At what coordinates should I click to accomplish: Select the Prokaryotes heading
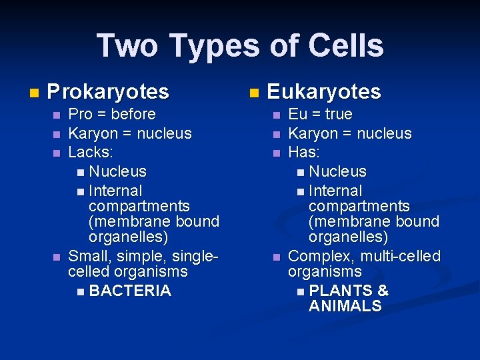click(108, 91)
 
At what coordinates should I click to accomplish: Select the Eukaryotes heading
click(323, 91)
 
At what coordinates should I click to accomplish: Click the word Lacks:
click(90, 152)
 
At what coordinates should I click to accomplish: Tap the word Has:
click(304, 152)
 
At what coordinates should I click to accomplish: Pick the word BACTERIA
click(130, 291)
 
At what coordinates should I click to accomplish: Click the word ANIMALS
click(345, 306)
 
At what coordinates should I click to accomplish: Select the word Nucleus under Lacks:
click(117, 172)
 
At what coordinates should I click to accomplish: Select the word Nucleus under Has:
click(337, 172)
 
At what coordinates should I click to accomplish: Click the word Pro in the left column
click(80, 115)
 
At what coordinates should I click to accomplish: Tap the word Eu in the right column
click(297, 115)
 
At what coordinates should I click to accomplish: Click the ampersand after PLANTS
click(383, 291)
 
